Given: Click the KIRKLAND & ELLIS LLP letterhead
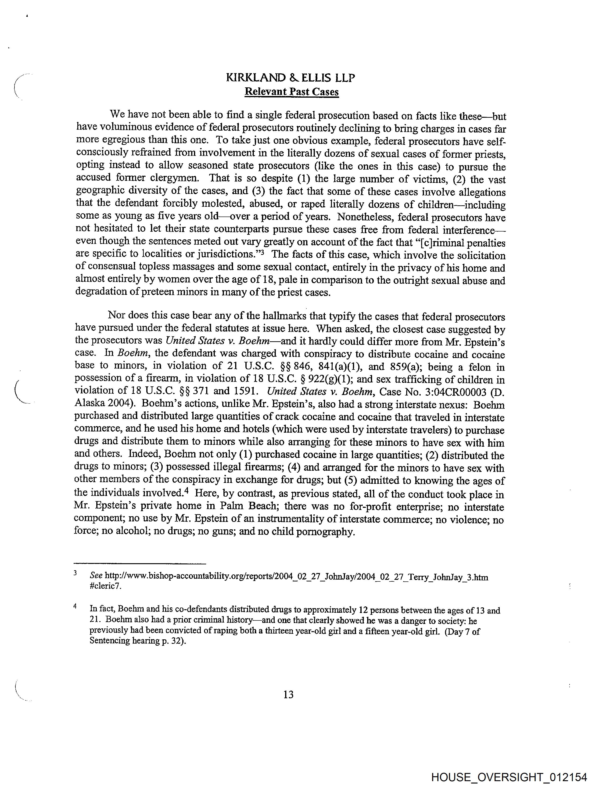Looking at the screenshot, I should click(291, 78).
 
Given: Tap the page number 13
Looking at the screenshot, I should click(288, 694).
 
